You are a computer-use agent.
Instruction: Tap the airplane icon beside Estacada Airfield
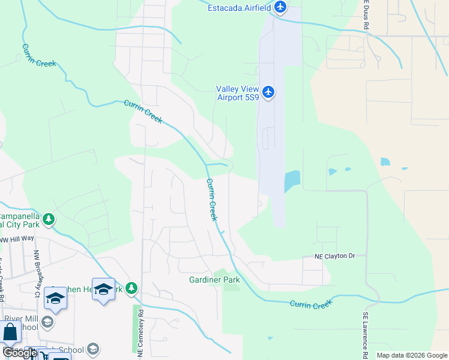(280, 7)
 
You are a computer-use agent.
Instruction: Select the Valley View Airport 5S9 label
(238, 93)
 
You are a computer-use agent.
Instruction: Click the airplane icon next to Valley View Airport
(268, 92)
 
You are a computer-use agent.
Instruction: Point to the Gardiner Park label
(214, 280)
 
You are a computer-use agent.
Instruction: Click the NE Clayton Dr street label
(336, 256)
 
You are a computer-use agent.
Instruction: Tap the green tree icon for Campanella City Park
(49, 220)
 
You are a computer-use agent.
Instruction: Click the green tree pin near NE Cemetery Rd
(131, 289)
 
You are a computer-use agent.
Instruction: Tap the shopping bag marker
(10, 332)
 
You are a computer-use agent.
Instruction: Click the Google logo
(20, 353)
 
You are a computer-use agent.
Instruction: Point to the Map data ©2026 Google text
(411, 355)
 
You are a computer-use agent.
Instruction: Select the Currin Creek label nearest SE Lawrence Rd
(310, 305)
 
